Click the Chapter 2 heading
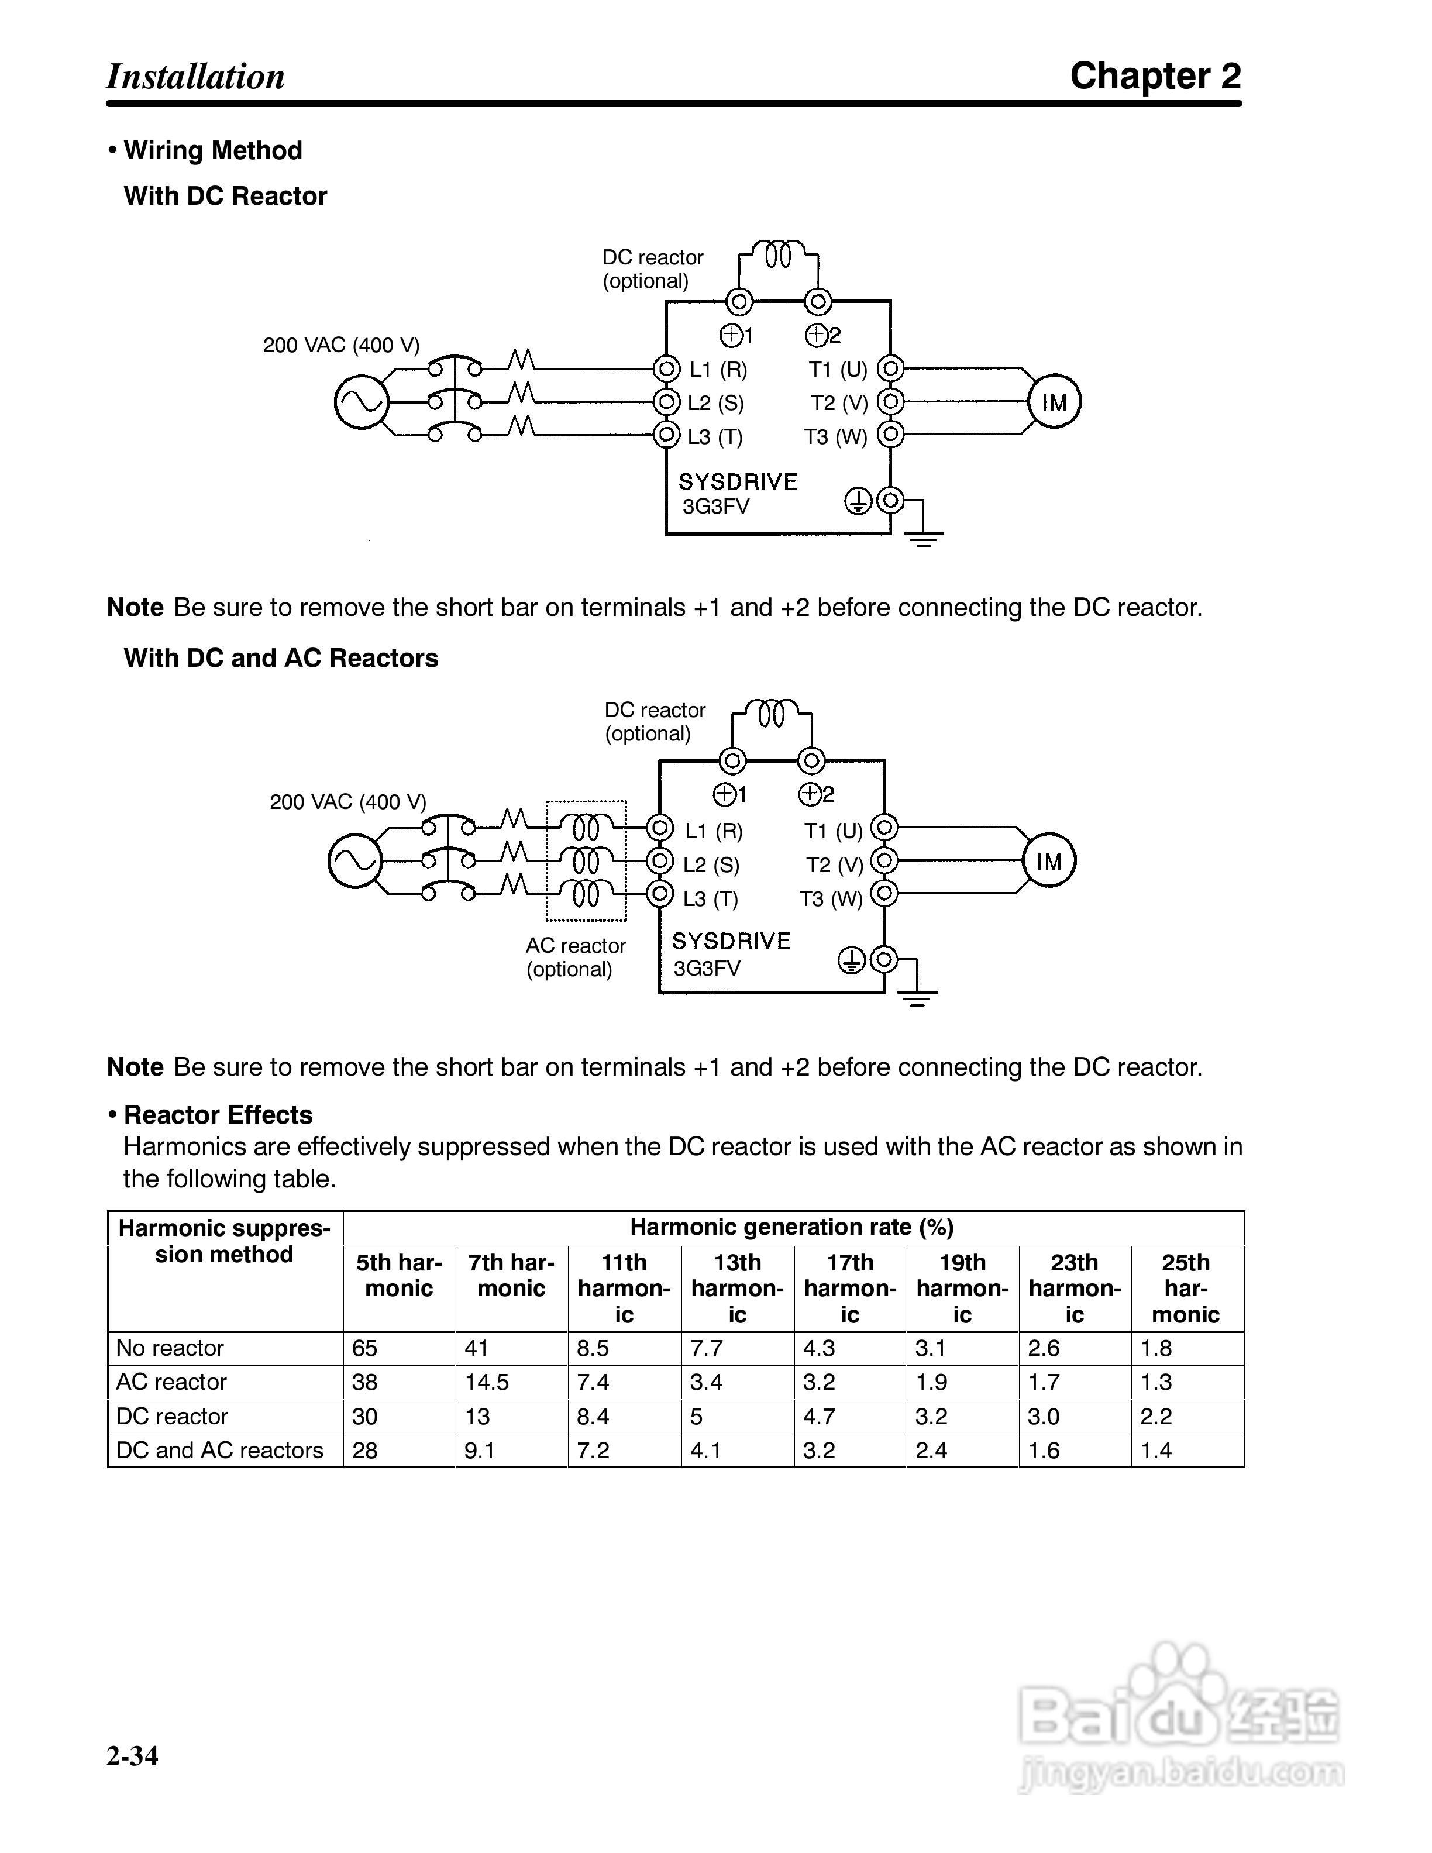tap(1155, 77)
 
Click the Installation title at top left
tap(195, 77)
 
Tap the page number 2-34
tap(132, 1755)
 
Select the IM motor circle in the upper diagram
tap(1055, 402)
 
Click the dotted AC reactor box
tap(586, 860)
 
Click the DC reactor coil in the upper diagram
tap(778, 254)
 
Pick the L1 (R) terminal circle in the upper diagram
tap(667, 369)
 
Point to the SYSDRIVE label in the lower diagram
tap(731, 941)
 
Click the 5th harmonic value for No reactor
tap(365, 1348)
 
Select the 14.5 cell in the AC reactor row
tap(487, 1382)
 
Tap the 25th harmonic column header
tap(1185, 1288)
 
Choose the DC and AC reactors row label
tap(220, 1450)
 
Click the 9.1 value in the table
tap(479, 1450)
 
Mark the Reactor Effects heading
tap(218, 1115)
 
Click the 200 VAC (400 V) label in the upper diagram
tap(341, 345)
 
